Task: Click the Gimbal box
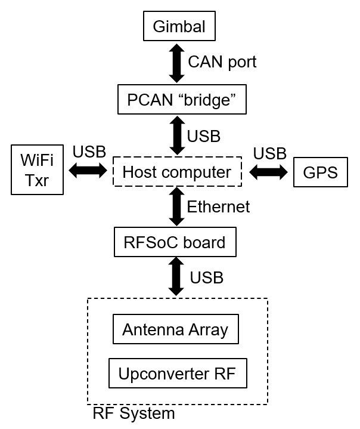(179, 27)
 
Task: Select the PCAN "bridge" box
(178, 100)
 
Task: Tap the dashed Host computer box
(176, 172)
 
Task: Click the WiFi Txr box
(37, 170)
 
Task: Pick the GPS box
(320, 172)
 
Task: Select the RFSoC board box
(175, 243)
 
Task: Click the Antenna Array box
(175, 329)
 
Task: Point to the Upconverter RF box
(177, 374)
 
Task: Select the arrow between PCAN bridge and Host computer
(176, 136)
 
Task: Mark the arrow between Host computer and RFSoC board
(176, 207)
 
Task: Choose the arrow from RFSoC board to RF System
(176, 276)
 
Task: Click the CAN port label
(222, 62)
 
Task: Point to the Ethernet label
(218, 207)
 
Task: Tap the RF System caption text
(134, 413)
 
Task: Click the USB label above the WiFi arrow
(89, 152)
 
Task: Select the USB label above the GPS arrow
(269, 153)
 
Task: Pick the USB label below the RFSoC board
(206, 277)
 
